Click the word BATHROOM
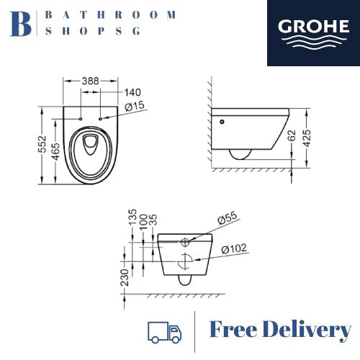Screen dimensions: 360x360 tap(111, 14)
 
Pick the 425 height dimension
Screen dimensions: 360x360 tap(307, 138)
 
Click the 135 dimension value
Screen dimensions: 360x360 tap(131, 218)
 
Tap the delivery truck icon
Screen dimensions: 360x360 tap(164, 332)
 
